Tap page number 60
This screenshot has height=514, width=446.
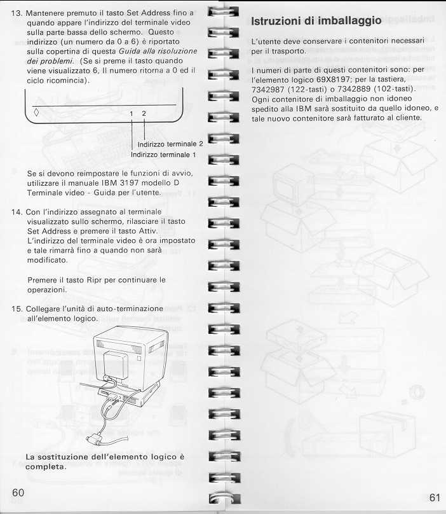(18, 493)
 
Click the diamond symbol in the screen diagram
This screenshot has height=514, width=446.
(36, 113)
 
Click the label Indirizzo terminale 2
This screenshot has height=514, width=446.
(170, 144)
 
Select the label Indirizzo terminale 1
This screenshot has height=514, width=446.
(163, 154)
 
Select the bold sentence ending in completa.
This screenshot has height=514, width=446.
(105, 462)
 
